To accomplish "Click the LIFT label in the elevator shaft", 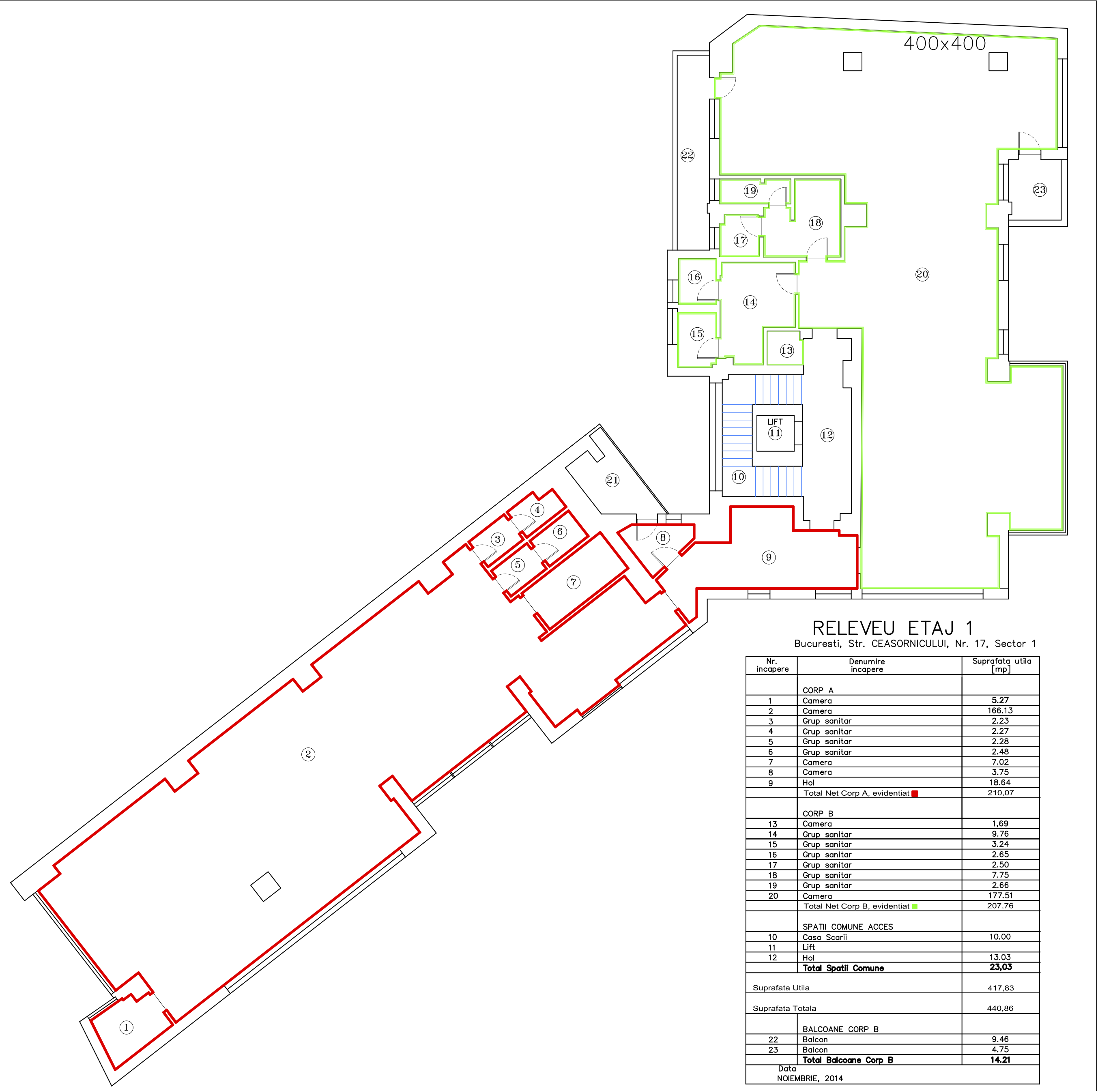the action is (x=775, y=422).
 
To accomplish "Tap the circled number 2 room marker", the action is (x=308, y=754).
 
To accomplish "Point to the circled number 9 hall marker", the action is (x=768, y=557).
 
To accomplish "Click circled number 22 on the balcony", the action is (x=687, y=155).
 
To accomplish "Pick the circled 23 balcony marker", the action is (x=1040, y=190).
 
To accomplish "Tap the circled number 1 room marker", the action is (x=126, y=1027).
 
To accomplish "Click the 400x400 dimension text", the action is (x=945, y=43).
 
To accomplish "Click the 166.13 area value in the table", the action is (x=1000, y=710).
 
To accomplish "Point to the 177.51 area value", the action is (x=1000, y=895).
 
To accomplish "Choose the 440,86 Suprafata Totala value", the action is (x=1000, y=1008).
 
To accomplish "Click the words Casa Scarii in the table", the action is (x=825, y=937).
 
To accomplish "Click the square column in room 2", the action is (x=265, y=887).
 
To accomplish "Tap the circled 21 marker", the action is (x=612, y=480).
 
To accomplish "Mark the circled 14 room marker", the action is (x=750, y=302).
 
